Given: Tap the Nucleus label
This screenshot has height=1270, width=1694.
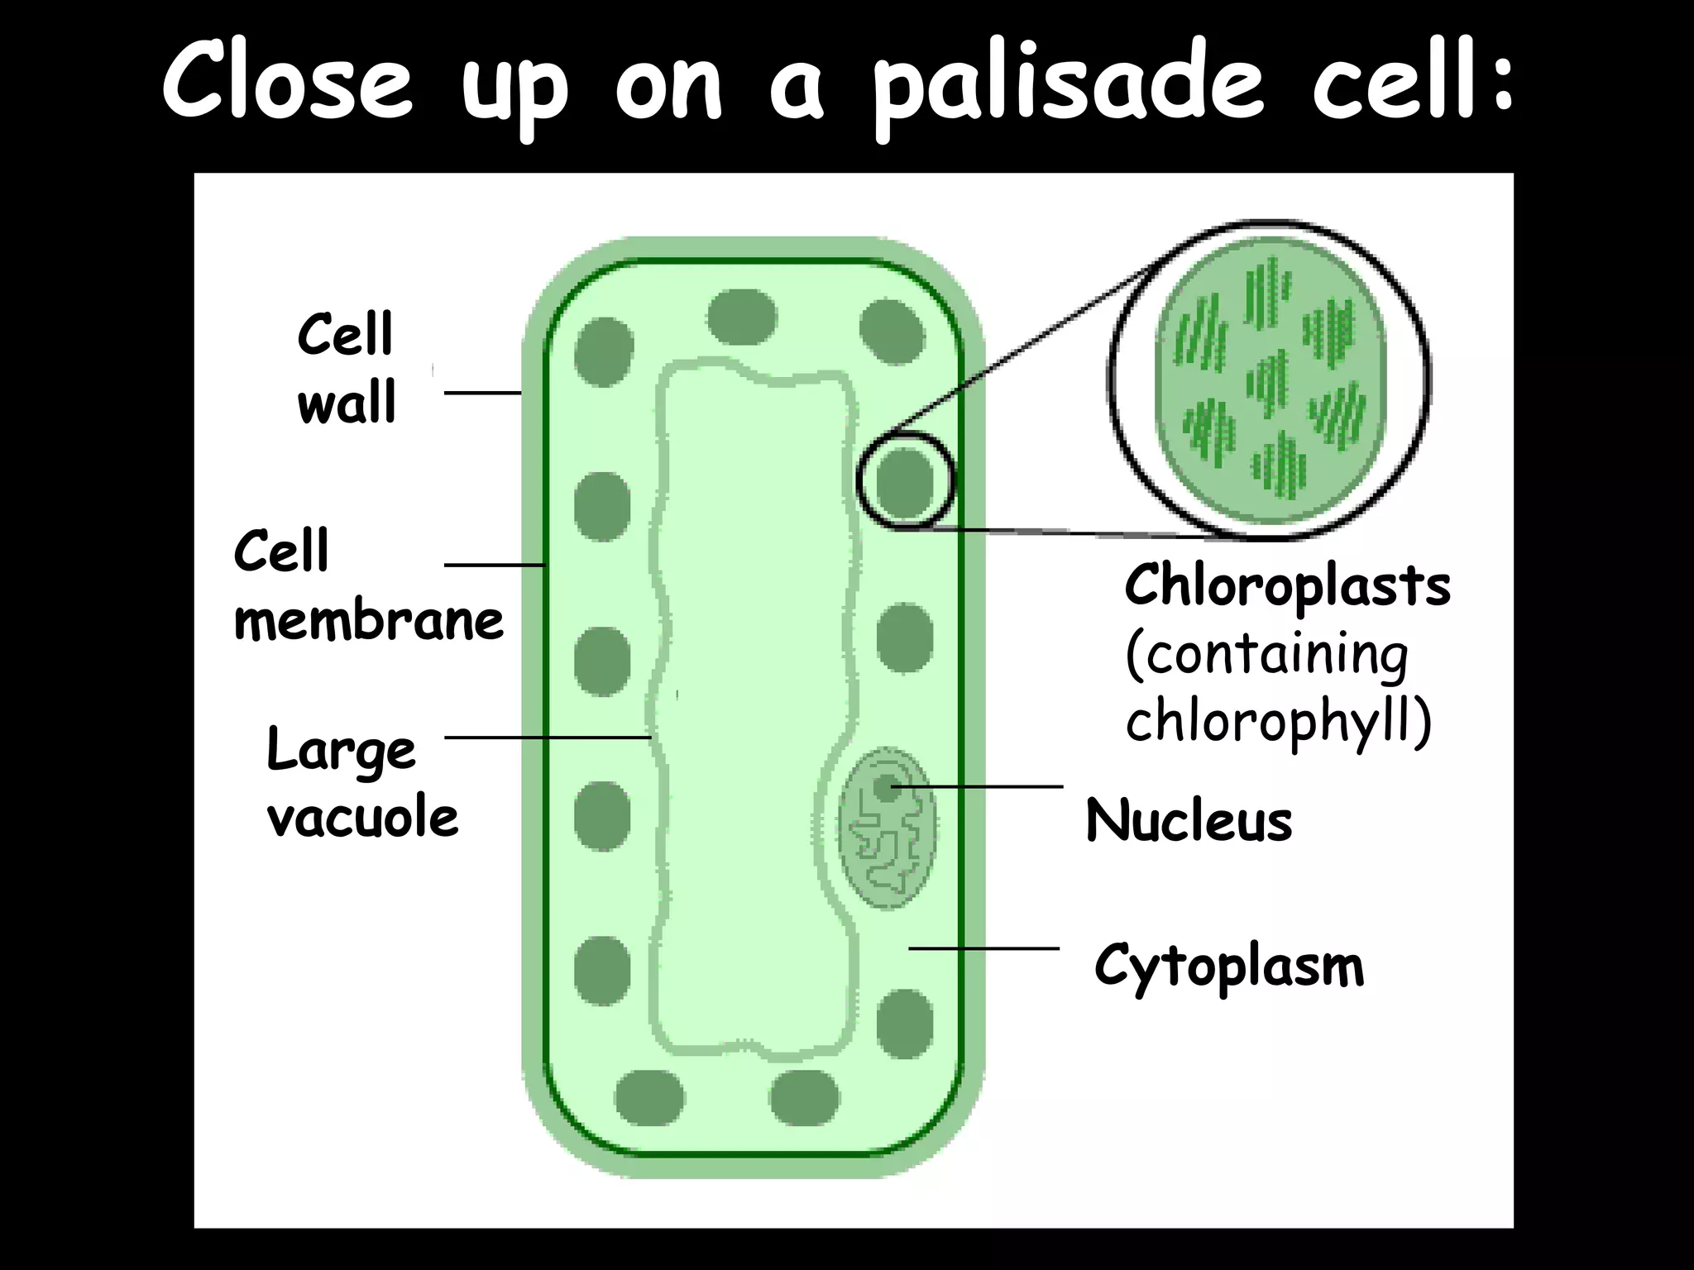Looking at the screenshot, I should pos(1189,821).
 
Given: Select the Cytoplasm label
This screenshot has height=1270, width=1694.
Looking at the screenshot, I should pos(1228,966).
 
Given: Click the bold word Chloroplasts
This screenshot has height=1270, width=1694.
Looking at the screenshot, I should pos(1287,586).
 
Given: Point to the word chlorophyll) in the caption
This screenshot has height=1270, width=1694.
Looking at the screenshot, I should pos(1278,720).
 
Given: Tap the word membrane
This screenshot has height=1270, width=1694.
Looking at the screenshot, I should pos(369,620).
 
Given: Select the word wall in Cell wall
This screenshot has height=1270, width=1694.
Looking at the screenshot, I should pos(347,403).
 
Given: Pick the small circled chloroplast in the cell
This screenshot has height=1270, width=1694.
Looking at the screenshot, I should pos(904,480).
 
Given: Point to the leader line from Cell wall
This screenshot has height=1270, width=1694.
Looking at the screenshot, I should pos(482,393).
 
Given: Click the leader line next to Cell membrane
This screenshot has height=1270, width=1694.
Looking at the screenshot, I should pos(494,565).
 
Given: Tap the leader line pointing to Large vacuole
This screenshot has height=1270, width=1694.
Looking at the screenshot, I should pos(546,737).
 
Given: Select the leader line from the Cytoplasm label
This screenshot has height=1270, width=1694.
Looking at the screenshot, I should pos(984,948).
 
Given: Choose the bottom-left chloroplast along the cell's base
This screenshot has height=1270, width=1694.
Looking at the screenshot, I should pos(650,1098).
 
